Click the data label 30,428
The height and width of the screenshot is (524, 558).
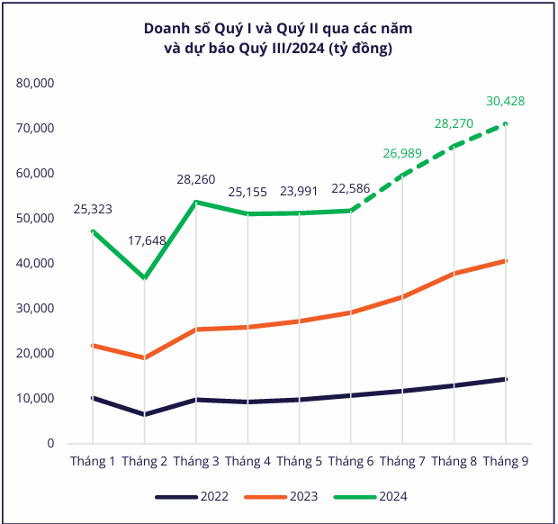(505, 102)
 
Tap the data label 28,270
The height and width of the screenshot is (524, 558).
(454, 124)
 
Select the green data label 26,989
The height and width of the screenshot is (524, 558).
(402, 153)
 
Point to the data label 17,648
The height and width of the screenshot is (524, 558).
(147, 241)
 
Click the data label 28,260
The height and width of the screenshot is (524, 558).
(195, 179)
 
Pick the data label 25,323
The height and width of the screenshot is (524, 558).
(93, 209)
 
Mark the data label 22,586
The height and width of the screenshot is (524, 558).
(350, 189)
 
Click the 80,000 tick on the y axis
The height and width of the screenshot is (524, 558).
(35, 84)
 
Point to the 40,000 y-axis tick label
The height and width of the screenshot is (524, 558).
(35, 264)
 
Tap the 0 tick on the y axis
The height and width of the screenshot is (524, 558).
(50, 444)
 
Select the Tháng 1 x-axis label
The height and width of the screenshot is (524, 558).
(93, 461)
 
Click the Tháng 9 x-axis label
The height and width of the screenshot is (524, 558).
(505, 461)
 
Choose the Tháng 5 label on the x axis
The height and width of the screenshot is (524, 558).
(299, 461)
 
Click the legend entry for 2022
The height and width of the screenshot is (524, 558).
(192, 497)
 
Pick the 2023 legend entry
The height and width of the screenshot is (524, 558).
(281, 497)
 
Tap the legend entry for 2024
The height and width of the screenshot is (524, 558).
(371, 497)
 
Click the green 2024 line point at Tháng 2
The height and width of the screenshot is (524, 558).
(145, 277)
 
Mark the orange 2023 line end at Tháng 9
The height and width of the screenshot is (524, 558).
(505, 261)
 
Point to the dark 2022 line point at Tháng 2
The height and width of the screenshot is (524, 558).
(145, 414)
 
